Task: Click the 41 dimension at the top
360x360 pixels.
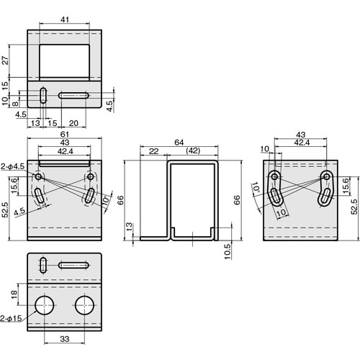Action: click(x=65, y=19)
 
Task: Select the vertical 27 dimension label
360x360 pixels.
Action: click(x=5, y=60)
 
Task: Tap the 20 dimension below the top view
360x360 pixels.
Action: click(x=73, y=123)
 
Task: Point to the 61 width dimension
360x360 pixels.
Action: click(x=65, y=135)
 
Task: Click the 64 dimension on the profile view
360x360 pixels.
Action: click(x=179, y=143)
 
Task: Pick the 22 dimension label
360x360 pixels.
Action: click(x=153, y=151)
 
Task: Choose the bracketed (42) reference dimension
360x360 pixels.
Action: click(x=193, y=150)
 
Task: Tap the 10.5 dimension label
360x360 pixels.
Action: click(x=228, y=251)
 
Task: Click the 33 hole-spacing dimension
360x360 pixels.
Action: click(x=65, y=339)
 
